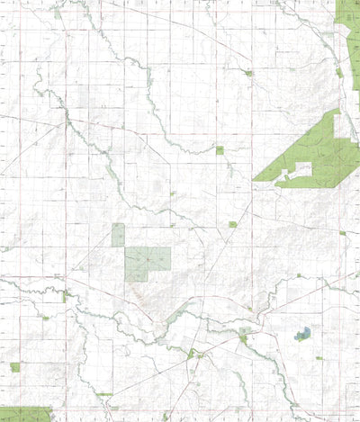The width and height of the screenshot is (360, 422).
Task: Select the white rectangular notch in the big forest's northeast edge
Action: click(344, 125)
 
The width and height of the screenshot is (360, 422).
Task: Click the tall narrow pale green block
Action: click(118, 235)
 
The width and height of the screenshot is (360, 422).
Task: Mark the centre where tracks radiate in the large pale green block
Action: click(141, 262)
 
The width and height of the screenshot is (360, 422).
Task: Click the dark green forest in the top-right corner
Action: click(348, 22)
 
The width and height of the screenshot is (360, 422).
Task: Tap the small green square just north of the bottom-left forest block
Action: click(14, 367)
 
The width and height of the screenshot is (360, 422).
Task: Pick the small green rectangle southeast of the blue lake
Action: click(319, 357)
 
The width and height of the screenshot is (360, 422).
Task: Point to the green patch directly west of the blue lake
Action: click(243, 339)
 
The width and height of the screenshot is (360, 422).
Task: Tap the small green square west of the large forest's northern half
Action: click(220, 150)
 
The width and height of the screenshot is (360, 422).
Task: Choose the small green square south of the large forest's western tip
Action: click(232, 224)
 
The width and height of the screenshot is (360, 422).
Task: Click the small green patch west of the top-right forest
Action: click(248, 73)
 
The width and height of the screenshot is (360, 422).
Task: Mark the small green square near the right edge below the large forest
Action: click(342, 233)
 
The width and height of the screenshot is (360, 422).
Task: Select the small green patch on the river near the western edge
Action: click(66, 296)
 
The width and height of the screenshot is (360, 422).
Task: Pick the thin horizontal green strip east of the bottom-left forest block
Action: click(104, 394)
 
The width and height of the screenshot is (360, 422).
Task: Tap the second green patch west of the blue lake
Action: click(191, 354)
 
